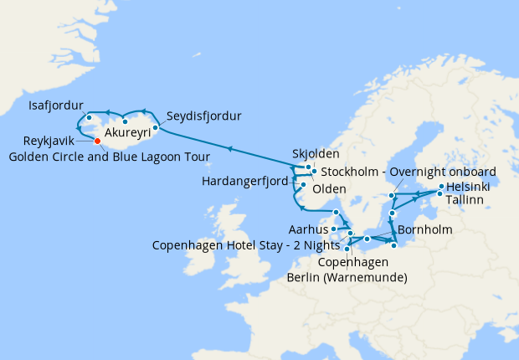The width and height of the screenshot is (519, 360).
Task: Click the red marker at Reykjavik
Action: coord(98,141)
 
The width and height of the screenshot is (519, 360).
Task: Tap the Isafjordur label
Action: coord(56,106)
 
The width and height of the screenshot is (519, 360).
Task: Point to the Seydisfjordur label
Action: coord(204,116)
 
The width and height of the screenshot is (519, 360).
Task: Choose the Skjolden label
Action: coord(316,155)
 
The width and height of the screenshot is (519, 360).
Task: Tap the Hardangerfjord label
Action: coord(248,181)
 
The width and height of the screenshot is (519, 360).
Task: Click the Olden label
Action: coord(330,189)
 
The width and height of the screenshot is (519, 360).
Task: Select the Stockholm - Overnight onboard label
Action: coord(409,172)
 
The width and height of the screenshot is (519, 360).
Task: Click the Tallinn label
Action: coord(469,201)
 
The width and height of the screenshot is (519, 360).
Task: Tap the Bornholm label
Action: coord(425,229)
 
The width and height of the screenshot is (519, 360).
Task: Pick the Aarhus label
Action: coord(306,229)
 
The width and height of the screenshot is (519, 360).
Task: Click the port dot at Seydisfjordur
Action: coord(156,128)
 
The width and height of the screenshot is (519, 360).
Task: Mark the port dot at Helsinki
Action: coord(441,186)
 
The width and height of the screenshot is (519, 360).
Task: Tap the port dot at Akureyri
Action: coord(125,122)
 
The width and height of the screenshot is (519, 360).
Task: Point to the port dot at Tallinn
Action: coord(440,194)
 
